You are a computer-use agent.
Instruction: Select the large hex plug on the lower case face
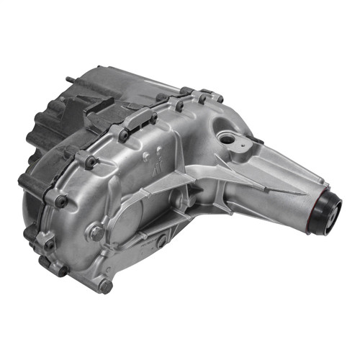coord(96,232)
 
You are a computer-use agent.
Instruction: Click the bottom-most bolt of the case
coord(106,286)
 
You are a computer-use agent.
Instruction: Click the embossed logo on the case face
coord(154,163)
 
